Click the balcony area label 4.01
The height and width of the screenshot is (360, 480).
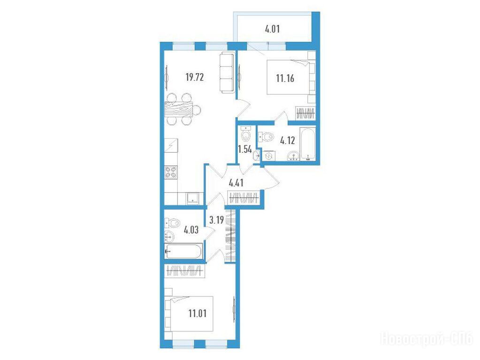[x=272, y=30]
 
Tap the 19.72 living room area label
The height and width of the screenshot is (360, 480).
[x=195, y=77]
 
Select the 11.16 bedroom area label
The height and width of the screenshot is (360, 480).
[x=285, y=79]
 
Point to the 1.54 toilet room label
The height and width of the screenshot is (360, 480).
[x=245, y=150]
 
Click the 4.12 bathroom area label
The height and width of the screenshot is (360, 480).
[x=288, y=141]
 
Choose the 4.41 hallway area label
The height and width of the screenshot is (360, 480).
[x=236, y=183]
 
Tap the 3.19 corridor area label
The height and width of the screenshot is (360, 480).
[x=216, y=220]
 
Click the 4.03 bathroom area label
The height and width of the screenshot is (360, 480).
[x=191, y=230]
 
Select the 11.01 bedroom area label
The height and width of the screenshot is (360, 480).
[x=198, y=314]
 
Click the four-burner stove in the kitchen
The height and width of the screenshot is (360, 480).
[x=171, y=172]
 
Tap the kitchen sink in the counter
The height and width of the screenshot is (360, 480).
[x=192, y=198]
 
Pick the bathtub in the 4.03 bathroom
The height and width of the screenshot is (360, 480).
[x=183, y=251]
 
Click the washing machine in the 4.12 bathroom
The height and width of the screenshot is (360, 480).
[x=268, y=156]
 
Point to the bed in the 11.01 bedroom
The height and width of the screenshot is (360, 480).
[x=189, y=314]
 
